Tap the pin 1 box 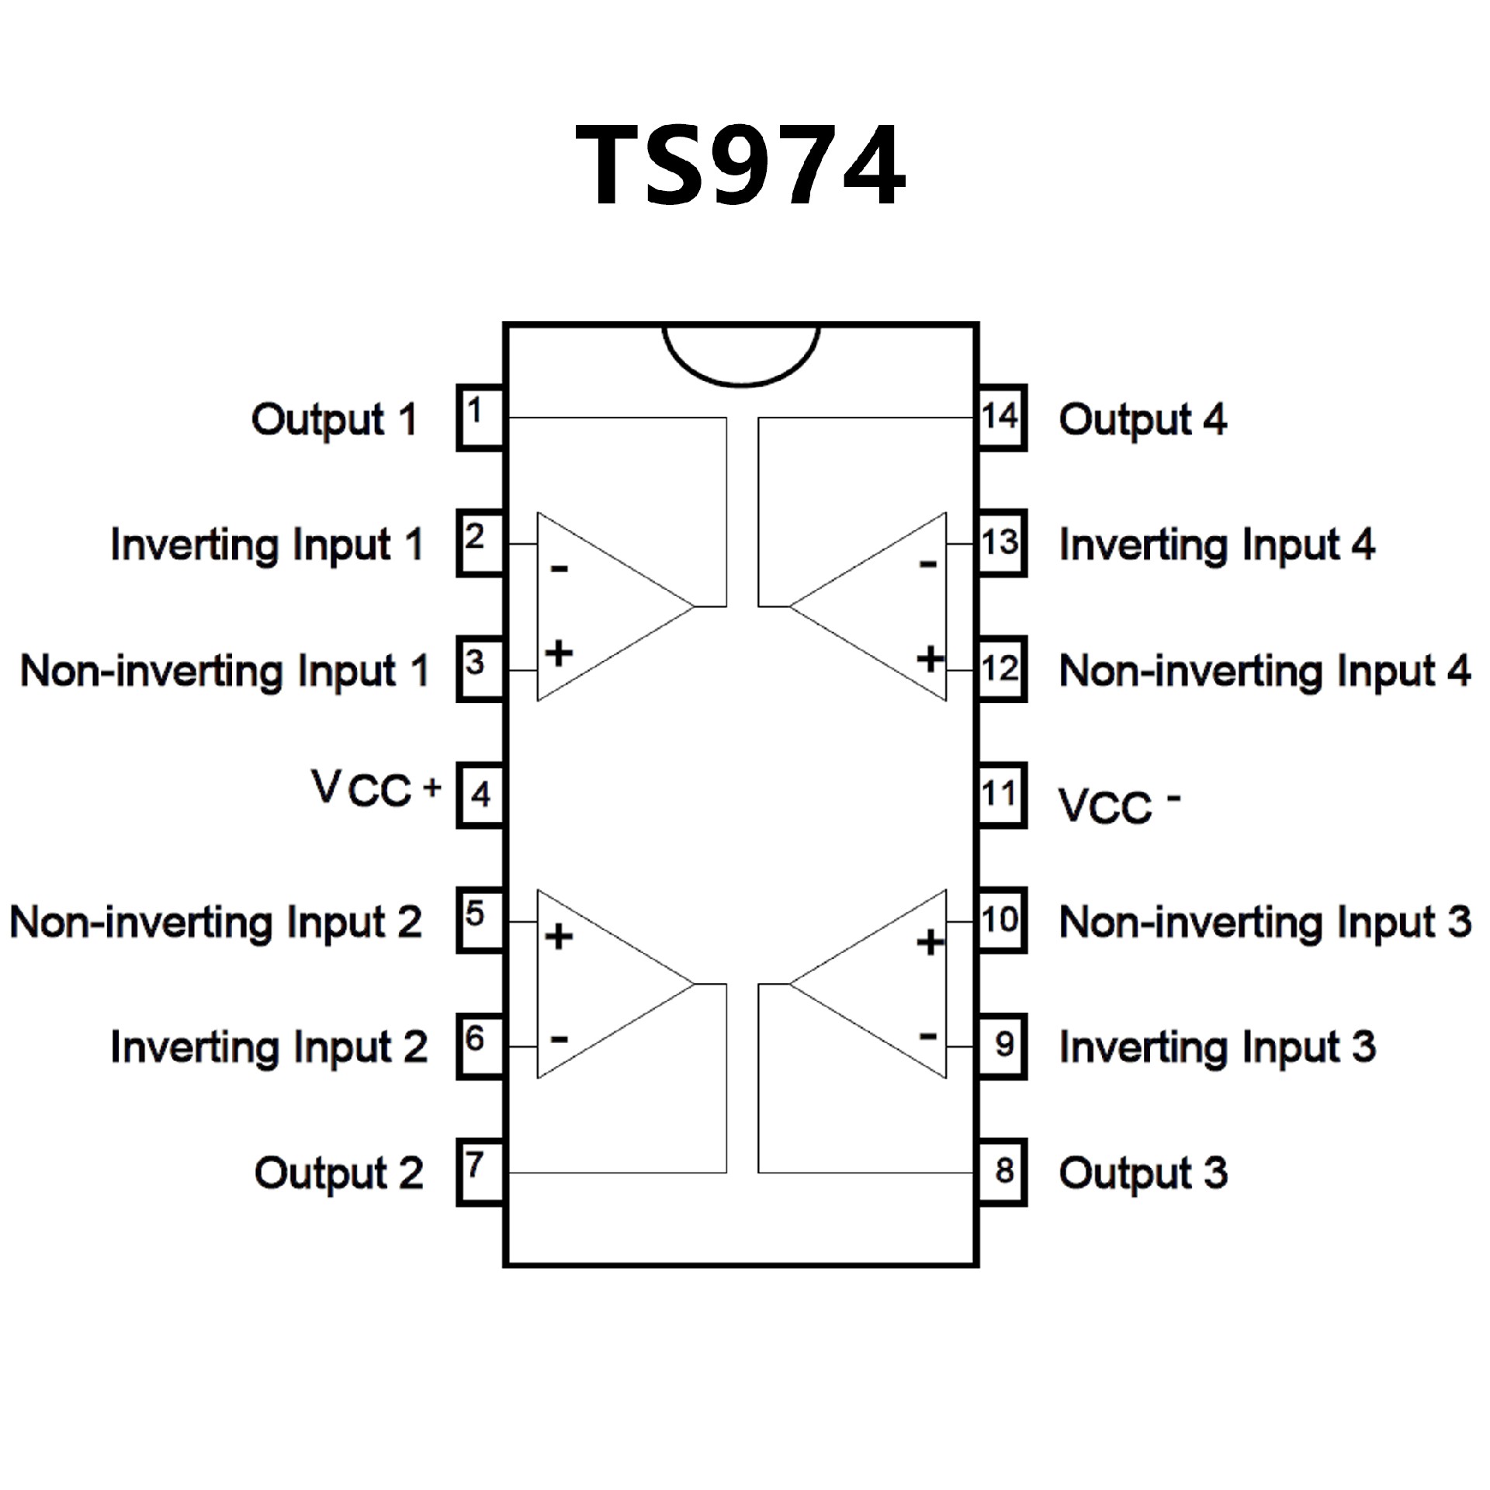coord(480,418)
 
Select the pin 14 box coord(1001,418)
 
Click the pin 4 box coord(480,795)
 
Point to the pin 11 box coord(1001,795)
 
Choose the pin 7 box coord(480,1172)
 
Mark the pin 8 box coord(1001,1172)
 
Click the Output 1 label coord(334,421)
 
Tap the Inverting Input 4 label coord(1217,545)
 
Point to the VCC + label coord(376,789)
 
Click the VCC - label coord(1118,806)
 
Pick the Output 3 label coord(1143,1173)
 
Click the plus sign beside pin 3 coord(559,653)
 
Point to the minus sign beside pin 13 coord(928,564)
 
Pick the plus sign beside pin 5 coord(559,937)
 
